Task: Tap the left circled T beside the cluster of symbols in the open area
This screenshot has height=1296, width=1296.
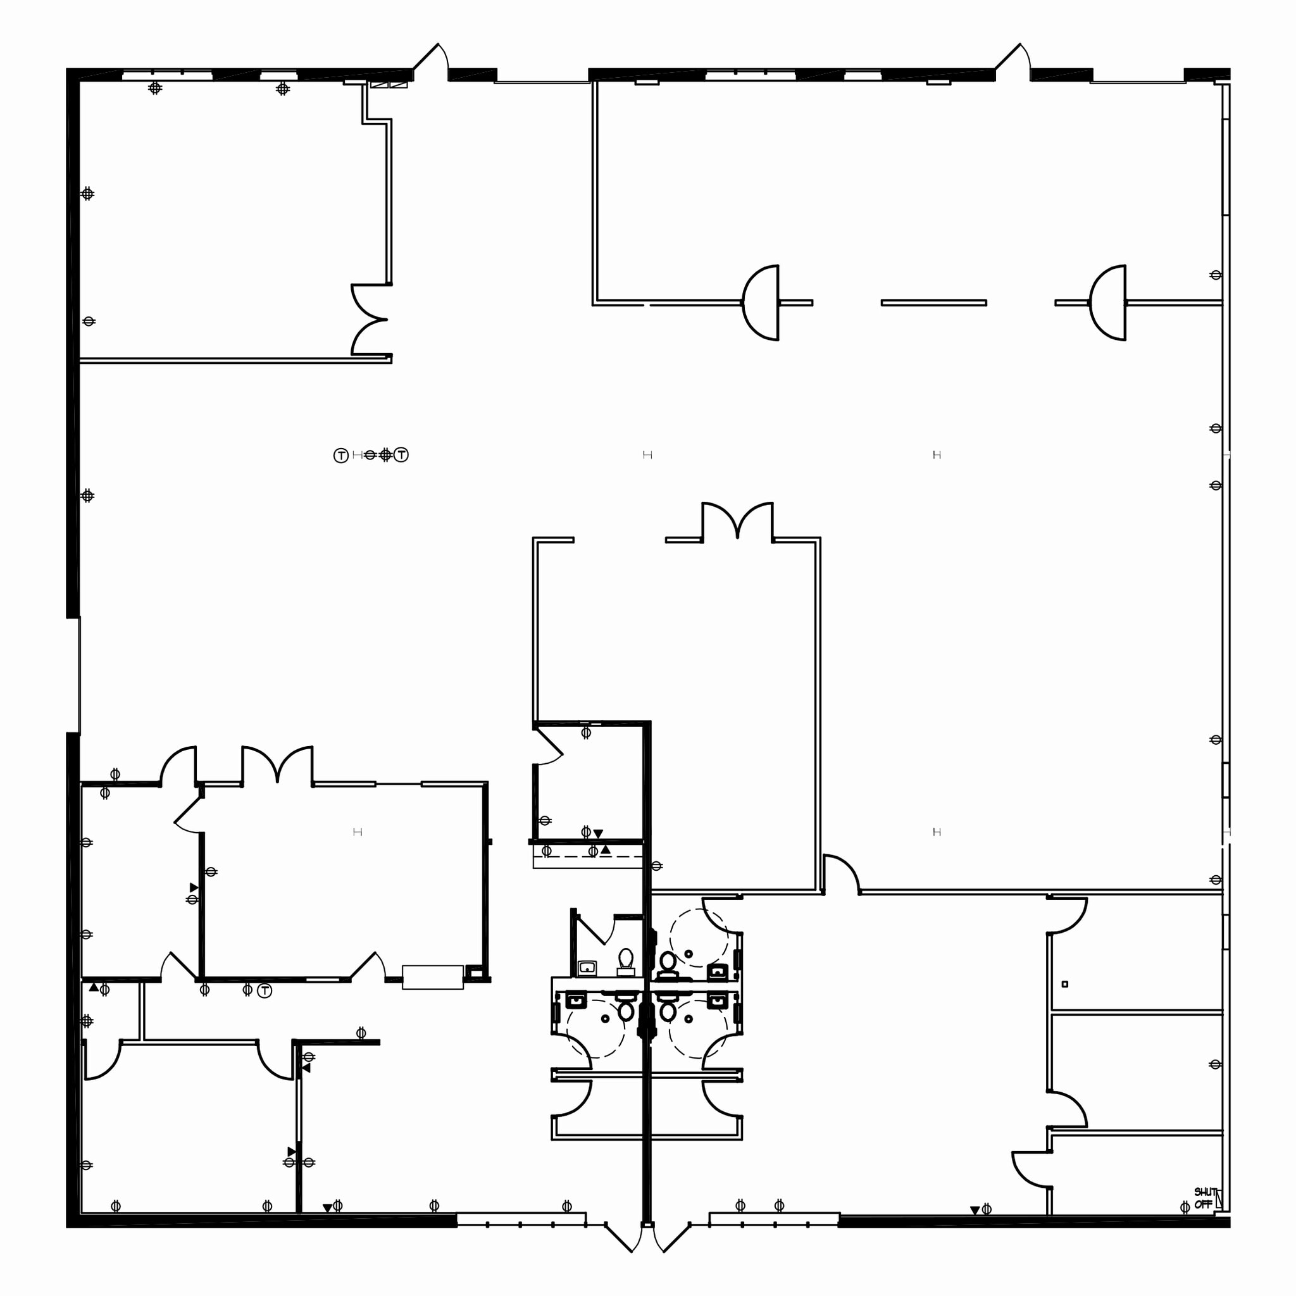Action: (341, 456)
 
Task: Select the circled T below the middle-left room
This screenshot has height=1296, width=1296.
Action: (265, 990)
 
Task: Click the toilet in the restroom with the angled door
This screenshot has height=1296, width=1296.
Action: (626, 960)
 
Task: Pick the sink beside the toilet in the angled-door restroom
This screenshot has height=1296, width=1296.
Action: (588, 968)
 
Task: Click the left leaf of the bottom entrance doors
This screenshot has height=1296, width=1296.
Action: (618, 1237)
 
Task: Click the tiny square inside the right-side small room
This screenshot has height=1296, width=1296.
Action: (1064, 984)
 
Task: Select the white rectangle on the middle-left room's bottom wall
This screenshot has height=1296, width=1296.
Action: (432, 976)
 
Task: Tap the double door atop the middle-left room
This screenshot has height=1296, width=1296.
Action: (277, 764)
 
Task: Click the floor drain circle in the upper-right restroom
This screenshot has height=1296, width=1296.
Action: (688, 954)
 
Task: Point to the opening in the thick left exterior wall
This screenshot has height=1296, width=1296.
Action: (73, 675)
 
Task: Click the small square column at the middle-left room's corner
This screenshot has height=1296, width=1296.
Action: (474, 971)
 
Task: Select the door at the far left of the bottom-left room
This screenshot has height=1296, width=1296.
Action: (102, 1061)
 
